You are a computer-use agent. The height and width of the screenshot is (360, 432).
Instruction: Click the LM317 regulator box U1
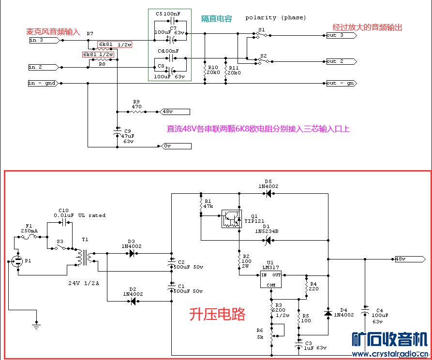point(270,279)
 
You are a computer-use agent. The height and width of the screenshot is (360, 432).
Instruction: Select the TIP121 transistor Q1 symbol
point(231,219)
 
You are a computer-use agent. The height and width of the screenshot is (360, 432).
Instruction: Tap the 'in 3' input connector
point(44,40)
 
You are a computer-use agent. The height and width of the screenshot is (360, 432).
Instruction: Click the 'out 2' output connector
point(341,61)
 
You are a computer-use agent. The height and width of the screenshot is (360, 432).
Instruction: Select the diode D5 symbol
point(268,194)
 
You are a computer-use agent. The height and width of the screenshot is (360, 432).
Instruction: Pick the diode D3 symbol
point(131,253)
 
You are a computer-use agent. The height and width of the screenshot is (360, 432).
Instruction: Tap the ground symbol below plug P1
point(36,327)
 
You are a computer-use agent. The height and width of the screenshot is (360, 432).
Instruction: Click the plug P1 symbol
point(18,261)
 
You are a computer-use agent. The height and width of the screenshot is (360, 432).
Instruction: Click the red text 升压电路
point(217,315)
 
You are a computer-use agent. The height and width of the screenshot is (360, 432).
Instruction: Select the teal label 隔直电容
point(217,19)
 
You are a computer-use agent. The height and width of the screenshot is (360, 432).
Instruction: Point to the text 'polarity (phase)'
point(275,17)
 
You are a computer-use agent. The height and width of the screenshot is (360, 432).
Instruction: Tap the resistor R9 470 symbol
point(136,112)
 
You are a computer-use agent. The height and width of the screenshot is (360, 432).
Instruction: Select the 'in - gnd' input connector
point(44,83)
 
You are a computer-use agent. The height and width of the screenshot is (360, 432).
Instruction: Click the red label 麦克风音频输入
point(53,32)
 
